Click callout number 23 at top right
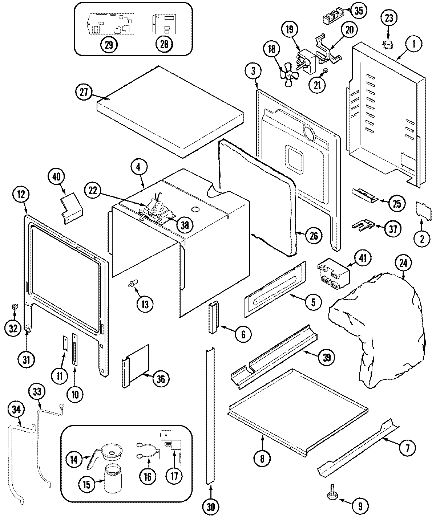pyautogui.click(x=389, y=18)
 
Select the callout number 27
pyautogui.click(x=84, y=92)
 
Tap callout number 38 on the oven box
pyautogui.click(x=185, y=225)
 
